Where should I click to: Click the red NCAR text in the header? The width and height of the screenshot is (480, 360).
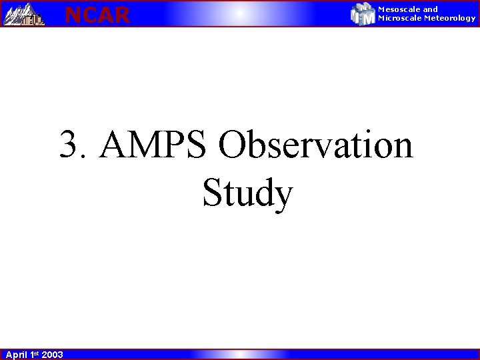coord(97,14)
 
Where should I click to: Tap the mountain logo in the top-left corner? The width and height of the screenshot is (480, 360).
coord(23,14)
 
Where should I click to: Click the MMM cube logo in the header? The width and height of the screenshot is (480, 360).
coord(363,14)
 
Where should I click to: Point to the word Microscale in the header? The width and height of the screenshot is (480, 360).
coord(400,18)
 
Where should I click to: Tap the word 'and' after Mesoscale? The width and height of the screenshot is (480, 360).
coord(431,9)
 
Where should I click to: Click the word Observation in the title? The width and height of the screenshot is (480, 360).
coord(315,145)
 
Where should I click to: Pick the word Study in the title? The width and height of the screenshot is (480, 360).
coord(247,193)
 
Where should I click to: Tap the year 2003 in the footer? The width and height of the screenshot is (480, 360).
coord(52,355)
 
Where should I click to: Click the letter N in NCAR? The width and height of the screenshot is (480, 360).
coord(73,14)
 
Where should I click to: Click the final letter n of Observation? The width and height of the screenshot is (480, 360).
coord(401,148)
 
